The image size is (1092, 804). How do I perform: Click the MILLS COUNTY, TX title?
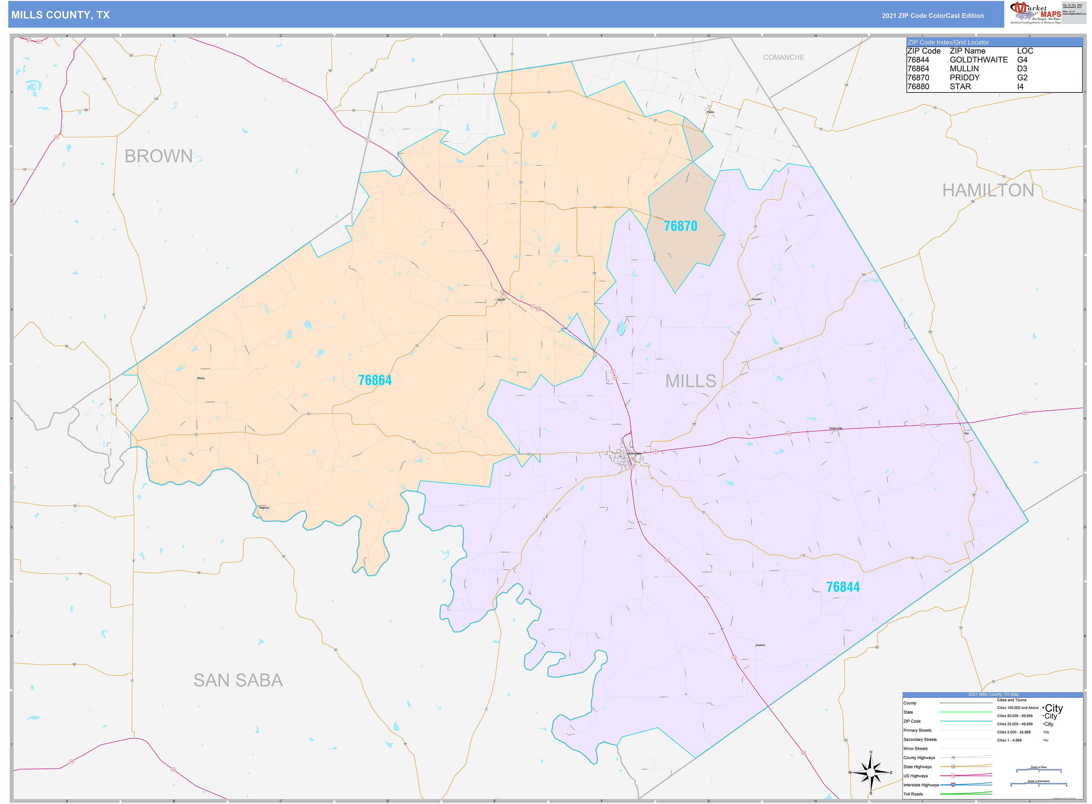(60, 15)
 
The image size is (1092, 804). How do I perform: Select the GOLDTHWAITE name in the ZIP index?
(978, 60)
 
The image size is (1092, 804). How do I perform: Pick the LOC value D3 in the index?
(1021, 69)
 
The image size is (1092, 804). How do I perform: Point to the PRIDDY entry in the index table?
(965, 78)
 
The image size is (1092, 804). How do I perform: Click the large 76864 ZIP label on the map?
(374, 380)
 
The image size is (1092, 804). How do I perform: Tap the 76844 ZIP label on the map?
(843, 587)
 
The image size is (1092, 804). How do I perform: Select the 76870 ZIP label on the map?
(680, 226)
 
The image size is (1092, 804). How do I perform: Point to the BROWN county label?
(158, 156)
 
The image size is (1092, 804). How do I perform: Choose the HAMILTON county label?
(988, 190)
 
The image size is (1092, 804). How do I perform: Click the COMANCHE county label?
(783, 58)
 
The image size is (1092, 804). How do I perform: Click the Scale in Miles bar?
(1038, 770)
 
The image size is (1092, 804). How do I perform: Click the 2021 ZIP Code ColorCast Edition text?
(932, 15)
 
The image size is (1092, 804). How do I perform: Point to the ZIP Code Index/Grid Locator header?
(948, 42)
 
